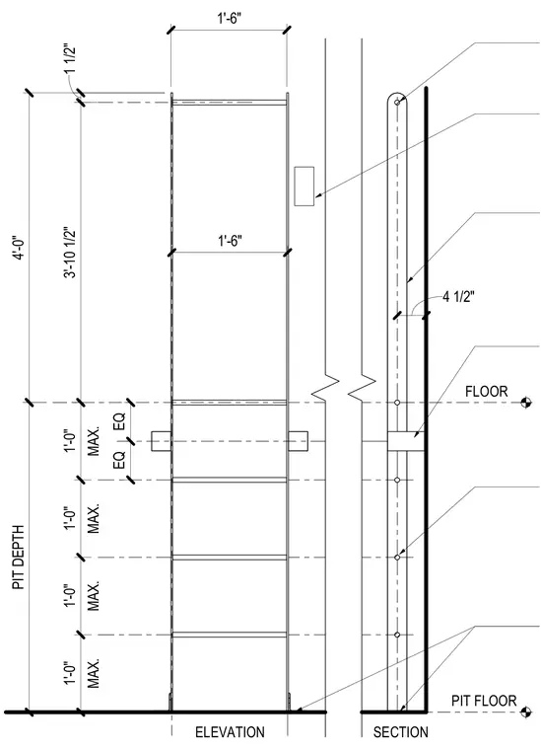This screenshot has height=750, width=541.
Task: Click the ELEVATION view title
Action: point(230,732)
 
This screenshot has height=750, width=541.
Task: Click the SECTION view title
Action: point(401,732)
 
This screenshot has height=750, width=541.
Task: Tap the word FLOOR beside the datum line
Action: point(486,392)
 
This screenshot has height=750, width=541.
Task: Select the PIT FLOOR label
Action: point(484,702)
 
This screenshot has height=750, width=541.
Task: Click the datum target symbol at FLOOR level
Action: point(526,403)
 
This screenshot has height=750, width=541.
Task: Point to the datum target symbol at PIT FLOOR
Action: point(526,712)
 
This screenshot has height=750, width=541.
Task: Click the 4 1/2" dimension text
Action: point(458,297)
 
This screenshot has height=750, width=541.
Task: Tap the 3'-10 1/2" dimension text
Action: point(70,252)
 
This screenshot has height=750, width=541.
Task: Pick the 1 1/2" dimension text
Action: point(69,59)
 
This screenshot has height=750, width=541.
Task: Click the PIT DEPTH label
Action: point(19,558)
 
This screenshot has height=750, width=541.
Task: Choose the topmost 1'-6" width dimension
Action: point(230,19)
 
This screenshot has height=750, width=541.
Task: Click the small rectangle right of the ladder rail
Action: point(304,187)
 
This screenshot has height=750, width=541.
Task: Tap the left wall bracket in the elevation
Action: point(162,441)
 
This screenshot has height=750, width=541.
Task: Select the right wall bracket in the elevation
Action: point(298,441)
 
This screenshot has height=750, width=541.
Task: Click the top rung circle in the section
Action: point(397,102)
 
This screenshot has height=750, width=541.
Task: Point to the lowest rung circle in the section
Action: point(397,635)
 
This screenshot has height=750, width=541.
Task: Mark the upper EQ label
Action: point(119,422)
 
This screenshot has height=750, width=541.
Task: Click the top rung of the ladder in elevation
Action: point(230,103)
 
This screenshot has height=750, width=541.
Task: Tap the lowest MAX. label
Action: point(94,673)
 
